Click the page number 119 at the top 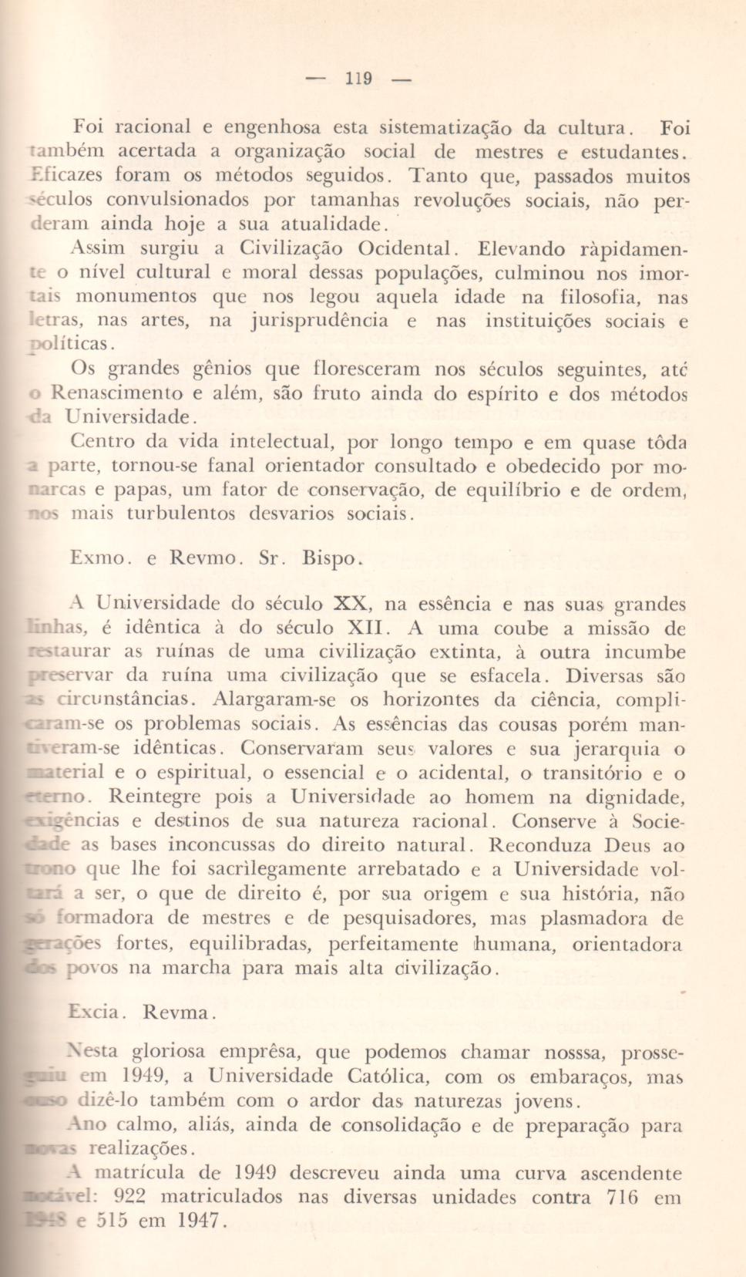click(359, 79)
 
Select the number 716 click(623, 1198)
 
